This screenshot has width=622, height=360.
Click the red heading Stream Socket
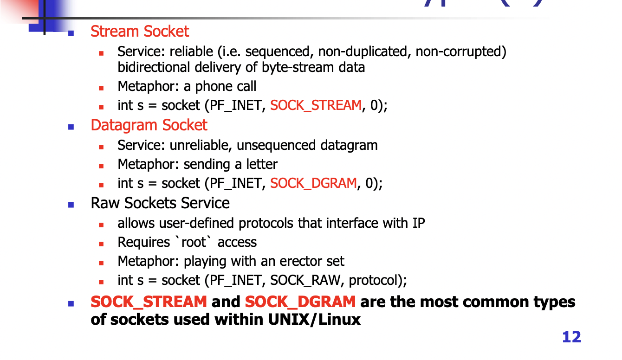click(x=139, y=32)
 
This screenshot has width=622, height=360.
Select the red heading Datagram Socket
click(x=149, y=125)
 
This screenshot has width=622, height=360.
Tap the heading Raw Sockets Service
click(x=160, y=203)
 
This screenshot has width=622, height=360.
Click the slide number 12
click(x=571, y=337)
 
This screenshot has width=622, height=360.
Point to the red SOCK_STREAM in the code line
click(x=316, y=106)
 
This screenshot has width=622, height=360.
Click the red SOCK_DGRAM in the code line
click(x=313, y=184)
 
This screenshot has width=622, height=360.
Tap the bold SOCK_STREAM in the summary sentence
click(x=149, y=302)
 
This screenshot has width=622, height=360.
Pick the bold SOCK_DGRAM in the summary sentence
click(x=300, y=302)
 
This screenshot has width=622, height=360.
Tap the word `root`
click(x=193, y=242)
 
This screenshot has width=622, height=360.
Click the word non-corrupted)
click(x=460, y=51)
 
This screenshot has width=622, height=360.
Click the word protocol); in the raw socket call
click(x=378, y=281)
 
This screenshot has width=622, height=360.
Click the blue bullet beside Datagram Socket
click(x=71, y=126)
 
